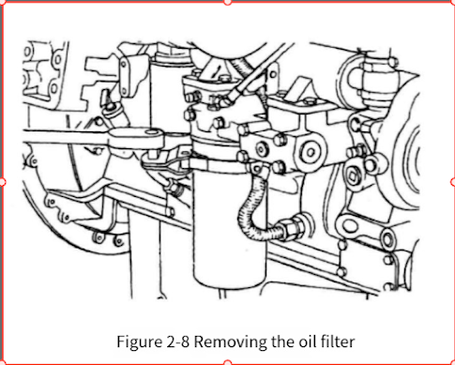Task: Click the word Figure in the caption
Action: click(x=138, y=342)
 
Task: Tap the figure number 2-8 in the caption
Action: click(x=176, y=342)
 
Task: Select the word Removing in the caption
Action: click(x=231, y=342)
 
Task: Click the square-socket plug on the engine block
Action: click(x=353, y=176)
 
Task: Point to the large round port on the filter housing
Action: click(x=310, y=152)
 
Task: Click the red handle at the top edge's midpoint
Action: click(x=228, y=2)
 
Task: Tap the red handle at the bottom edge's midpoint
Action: click(x=228, y=363)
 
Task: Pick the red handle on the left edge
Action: click(x=2, y=182)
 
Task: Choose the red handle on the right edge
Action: click(x=453, y=182)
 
